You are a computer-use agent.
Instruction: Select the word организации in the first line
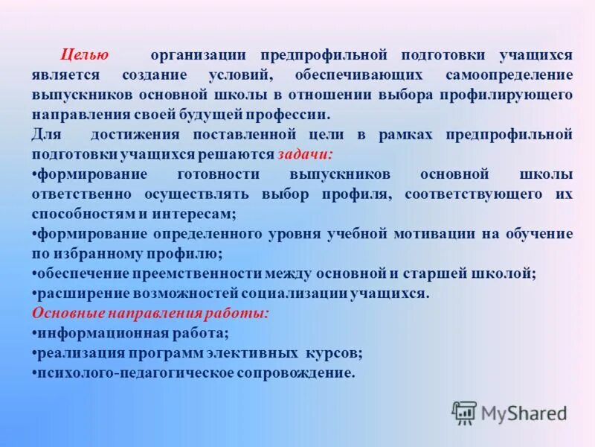(198, 55)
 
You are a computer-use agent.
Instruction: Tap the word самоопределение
(509, 75)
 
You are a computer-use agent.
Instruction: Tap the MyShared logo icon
(465, 411)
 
